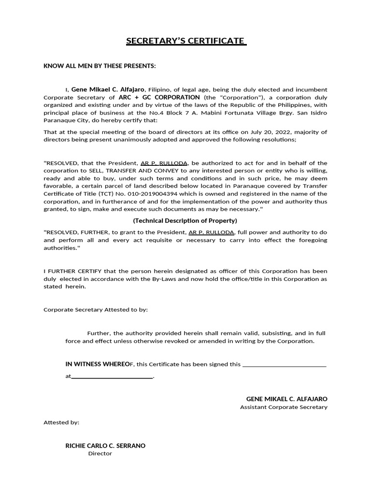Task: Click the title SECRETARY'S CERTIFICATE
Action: click(x=186, y=41)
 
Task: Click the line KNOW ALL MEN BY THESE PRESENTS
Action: click(x=100, y=66)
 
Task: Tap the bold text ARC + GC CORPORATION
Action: click(x=166, y=97)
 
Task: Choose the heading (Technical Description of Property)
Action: click(x=185, y=220)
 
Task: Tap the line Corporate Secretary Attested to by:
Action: click(x=96, y=309)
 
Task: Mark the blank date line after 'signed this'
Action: click(x=284, y=365)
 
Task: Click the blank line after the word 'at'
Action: click(x=112, y=377)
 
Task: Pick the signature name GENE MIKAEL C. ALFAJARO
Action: click(x=286, y=399)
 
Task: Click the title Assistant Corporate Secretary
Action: click(x=284, y=407)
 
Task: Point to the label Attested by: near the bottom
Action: click(x=61, y=422)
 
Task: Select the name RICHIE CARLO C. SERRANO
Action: click(x=105, y=446)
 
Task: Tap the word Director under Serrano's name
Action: click(x=100, y=453)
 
